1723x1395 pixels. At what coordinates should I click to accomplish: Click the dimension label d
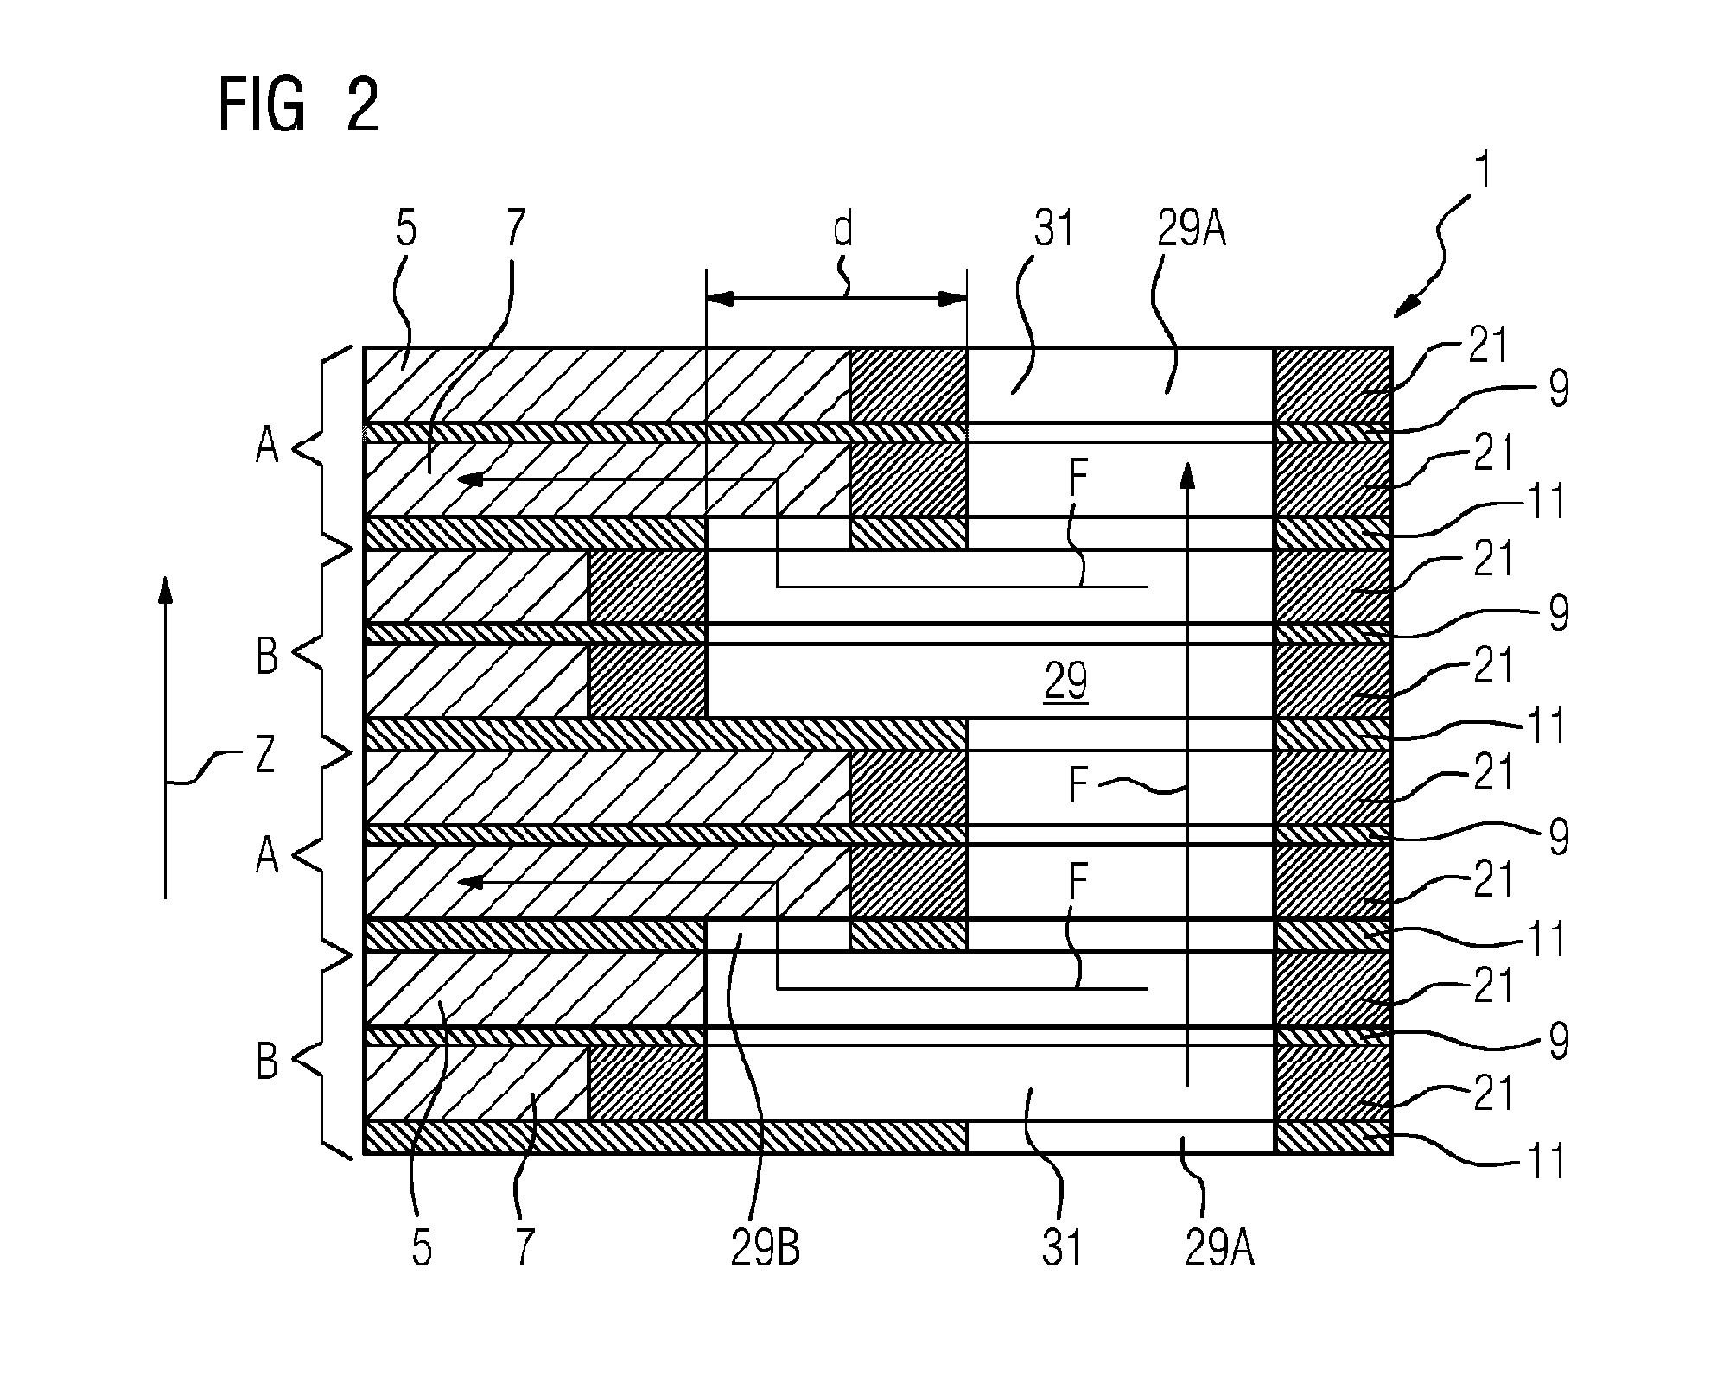click(x=842, y=230)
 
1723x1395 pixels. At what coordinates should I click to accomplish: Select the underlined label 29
click(x=1066, y=682)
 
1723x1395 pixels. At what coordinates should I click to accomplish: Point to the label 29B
click(x=766, y=1249)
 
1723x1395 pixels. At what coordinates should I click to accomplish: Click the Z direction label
click(x=265, y=758)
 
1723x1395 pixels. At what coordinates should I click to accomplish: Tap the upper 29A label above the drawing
click(x=1191, y=230)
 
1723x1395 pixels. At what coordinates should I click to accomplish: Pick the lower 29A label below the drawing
click(x=1219, y=1249)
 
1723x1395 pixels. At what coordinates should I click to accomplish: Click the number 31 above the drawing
click(x=1053, y=230)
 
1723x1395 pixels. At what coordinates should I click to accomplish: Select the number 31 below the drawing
click(x=1062, y=1249)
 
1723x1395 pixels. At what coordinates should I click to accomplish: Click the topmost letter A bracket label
click(x=267, y=447)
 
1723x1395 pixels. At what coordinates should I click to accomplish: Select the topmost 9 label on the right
click(x=1559, y=390)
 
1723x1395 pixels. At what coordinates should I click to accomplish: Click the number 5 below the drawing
click(x=421, y=1249)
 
